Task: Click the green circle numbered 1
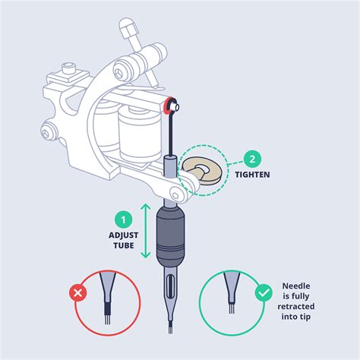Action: tap(124, 219)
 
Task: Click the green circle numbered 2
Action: tap(252, 159)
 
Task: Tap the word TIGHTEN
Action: tap(252, 175)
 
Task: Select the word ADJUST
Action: tap(124, 235)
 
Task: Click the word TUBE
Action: tap(124, 245)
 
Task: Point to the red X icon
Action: tap(78, 293)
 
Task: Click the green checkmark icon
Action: tap(264, 293)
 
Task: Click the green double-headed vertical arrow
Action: tap(146, 231)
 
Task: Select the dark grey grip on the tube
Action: tap(171, 236)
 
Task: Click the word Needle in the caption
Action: tap(296, 286)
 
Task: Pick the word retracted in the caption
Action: tap(296, 307)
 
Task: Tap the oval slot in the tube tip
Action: tap(171, 286)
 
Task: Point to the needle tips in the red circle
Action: tap(108, 319)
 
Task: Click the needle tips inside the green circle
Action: tap(232, 308)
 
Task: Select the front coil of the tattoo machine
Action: tap(140, 133)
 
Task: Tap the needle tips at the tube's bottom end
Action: tap(171, 330)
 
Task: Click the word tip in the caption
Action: tap(304, 317)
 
